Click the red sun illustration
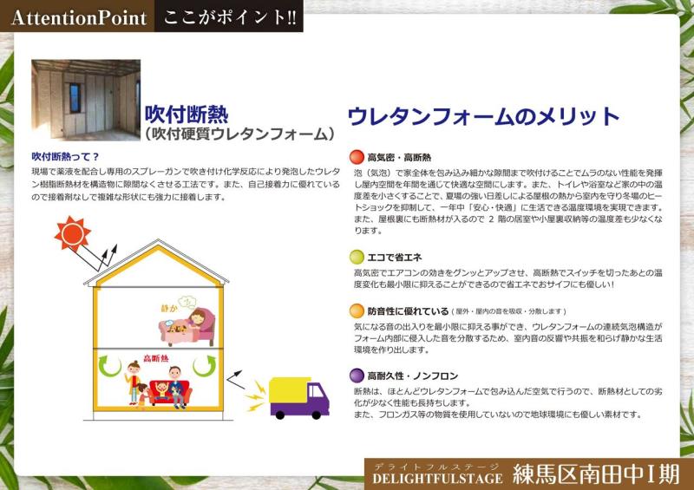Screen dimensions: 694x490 [73, 233]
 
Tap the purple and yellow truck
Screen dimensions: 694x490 [298, 398]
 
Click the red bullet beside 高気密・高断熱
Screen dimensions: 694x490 [357, 157]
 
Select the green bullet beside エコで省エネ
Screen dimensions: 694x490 [357, 257]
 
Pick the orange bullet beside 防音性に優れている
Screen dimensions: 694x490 [357, 310]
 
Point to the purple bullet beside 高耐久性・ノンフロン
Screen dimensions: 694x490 [357, 376]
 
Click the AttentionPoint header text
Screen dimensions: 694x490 [79, 17]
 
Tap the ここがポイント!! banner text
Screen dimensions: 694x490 [230, 16]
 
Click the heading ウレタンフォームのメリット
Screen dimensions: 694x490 [483, 116]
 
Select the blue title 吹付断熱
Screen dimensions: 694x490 [187, 114]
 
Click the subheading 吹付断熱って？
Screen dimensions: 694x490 [66, 156]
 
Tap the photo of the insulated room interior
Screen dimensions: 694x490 [86, 100]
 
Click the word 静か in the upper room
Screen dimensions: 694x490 [169, 308]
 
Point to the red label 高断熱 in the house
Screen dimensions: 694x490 [156, 357]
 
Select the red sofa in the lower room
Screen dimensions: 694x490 [170, 392]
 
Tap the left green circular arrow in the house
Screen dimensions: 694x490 [110, 366]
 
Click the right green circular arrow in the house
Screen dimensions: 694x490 [205, 366]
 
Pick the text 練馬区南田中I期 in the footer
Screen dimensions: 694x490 [596, 474]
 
